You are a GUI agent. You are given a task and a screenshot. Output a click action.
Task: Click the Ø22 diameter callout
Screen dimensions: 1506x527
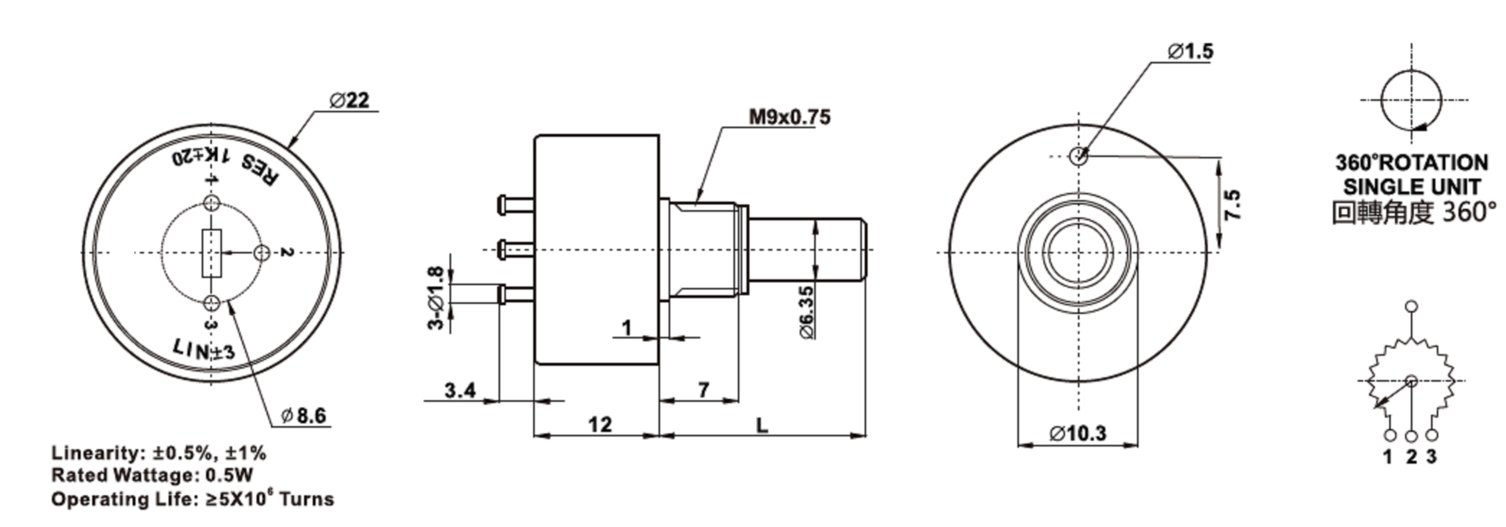pos(349,100)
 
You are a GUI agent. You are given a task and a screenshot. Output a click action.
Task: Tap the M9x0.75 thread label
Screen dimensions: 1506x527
pos(789,117)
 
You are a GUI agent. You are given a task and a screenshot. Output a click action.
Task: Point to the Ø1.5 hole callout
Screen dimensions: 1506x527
pos(1190,51)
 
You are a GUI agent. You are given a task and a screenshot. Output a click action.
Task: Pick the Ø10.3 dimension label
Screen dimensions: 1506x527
pos(1078,433)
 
